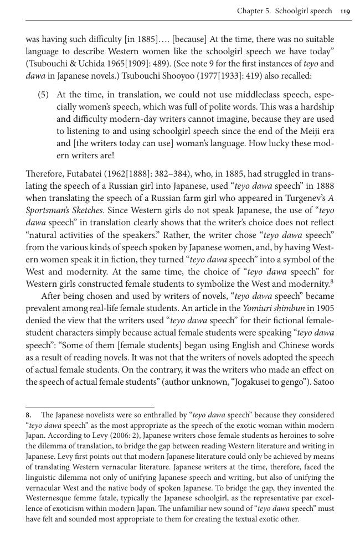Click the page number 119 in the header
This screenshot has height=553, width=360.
(x=345, y=11)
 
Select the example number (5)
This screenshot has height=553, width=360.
(x=44, y=95)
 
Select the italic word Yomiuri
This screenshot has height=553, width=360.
(x=259, y=308)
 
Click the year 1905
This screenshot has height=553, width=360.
(x=324, y=308)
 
